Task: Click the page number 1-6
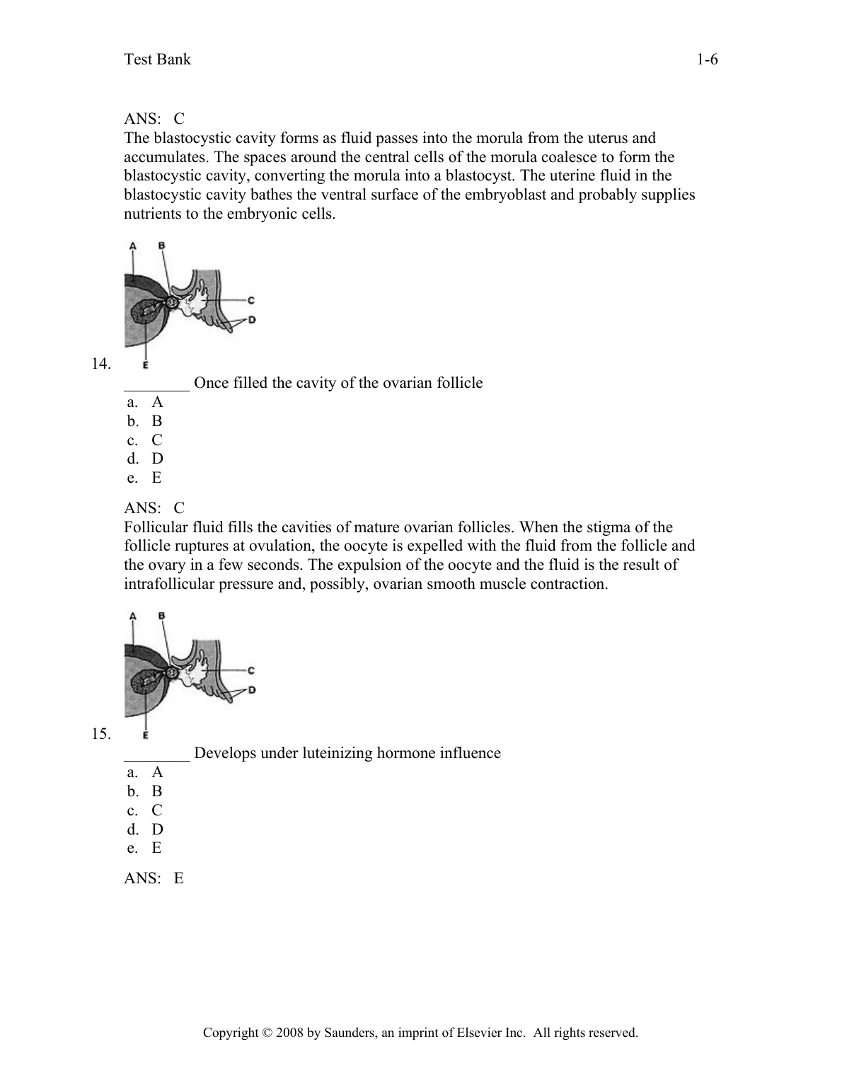tap(707, 59)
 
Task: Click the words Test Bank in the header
tap(157, 59)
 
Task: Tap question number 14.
tap(101, 364)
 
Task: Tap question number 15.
tap(101, 734)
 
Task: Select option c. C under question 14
tap(146, 440)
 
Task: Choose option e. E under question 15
tap(146, 848)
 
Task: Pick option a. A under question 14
tap(146, 402)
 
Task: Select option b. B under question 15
tap(146, 791)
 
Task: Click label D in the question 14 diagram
tap(252, 320)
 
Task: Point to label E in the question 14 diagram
tap(145, 365)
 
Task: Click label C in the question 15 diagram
tap(251, 670)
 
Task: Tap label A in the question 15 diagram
tap(132, 616)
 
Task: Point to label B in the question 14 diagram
tap(161, 246)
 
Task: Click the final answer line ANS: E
tap(154, 878)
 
